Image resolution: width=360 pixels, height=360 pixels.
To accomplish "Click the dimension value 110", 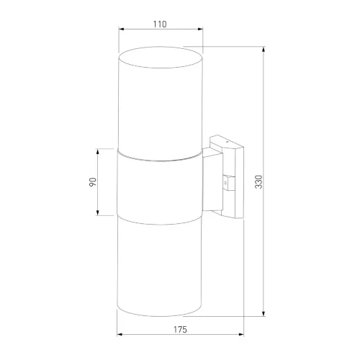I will point(160,24).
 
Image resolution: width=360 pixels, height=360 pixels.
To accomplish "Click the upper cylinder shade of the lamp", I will point(160,101).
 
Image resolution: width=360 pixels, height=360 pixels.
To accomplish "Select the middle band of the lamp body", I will point(160,183).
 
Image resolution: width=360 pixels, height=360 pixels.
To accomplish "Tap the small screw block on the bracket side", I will point(229,183).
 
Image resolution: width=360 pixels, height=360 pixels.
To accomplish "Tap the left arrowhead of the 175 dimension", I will point(121,336).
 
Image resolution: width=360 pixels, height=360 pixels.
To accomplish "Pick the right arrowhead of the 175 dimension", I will point(242,336).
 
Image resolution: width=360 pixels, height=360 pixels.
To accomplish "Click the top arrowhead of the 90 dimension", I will point(99,153).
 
